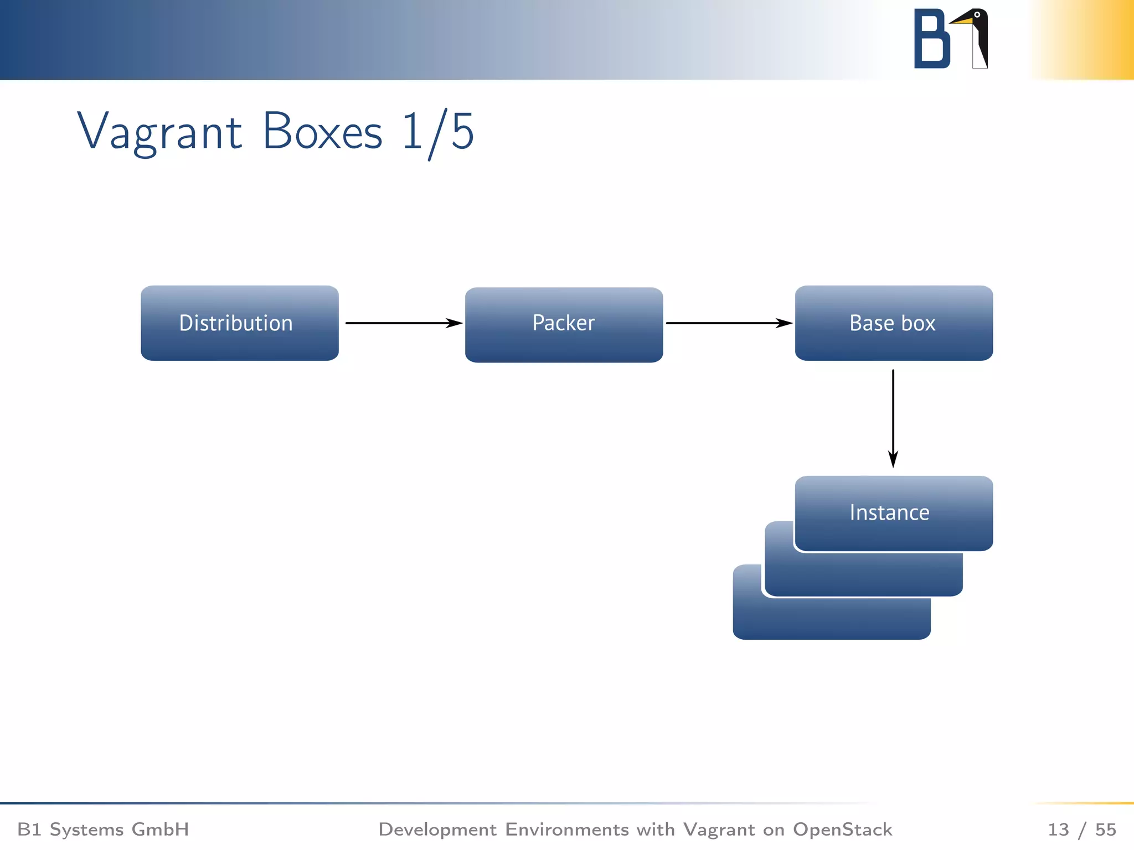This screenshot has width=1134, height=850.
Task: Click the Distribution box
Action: [x=239, y=323]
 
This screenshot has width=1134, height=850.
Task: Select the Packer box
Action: [x=564, y=324]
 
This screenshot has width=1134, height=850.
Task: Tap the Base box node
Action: [x=893, y=323]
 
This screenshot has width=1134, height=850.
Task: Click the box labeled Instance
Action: [x=893, y=512]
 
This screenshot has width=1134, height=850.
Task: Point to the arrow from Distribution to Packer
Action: [x=403, y=323]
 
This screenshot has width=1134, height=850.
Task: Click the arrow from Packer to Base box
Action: [x=728, y=323]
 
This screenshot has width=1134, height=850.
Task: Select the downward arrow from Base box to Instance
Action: [x=893, y=418]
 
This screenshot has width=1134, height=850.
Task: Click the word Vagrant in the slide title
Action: [x=159, y=132]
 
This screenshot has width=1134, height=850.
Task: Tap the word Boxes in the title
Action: [x=322, y=132]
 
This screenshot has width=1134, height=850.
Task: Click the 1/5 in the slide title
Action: [x=437, y=132]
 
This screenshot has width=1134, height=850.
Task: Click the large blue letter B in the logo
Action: [x=931, y=39]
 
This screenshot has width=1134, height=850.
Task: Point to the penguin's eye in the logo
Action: [x=977, y=15]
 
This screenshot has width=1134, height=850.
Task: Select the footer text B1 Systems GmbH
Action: [x=103, y=829]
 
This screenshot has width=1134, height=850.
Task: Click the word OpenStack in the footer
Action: [x=842, y=829]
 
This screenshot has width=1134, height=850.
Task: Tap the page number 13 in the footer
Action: [x=1058, y=829]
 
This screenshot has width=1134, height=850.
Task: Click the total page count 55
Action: [x=1105, y=829]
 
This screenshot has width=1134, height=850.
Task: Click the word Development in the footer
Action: [x=437, y=829]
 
